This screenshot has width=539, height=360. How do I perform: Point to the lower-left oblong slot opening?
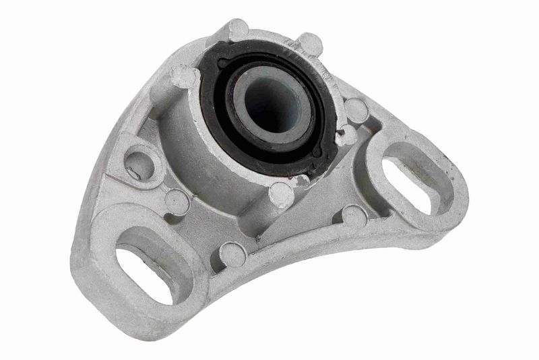144,272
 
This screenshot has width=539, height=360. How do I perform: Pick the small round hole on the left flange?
139,164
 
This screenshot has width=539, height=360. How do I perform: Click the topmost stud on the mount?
237,29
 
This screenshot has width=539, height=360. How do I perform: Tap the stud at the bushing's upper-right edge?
309,44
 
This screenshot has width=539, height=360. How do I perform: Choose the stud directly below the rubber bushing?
282,196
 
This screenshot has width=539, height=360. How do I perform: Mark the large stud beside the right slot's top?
356,110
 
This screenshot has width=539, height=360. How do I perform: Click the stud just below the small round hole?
177,201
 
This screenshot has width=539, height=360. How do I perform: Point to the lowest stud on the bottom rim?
232,254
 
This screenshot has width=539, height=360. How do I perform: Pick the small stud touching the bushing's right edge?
346,136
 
